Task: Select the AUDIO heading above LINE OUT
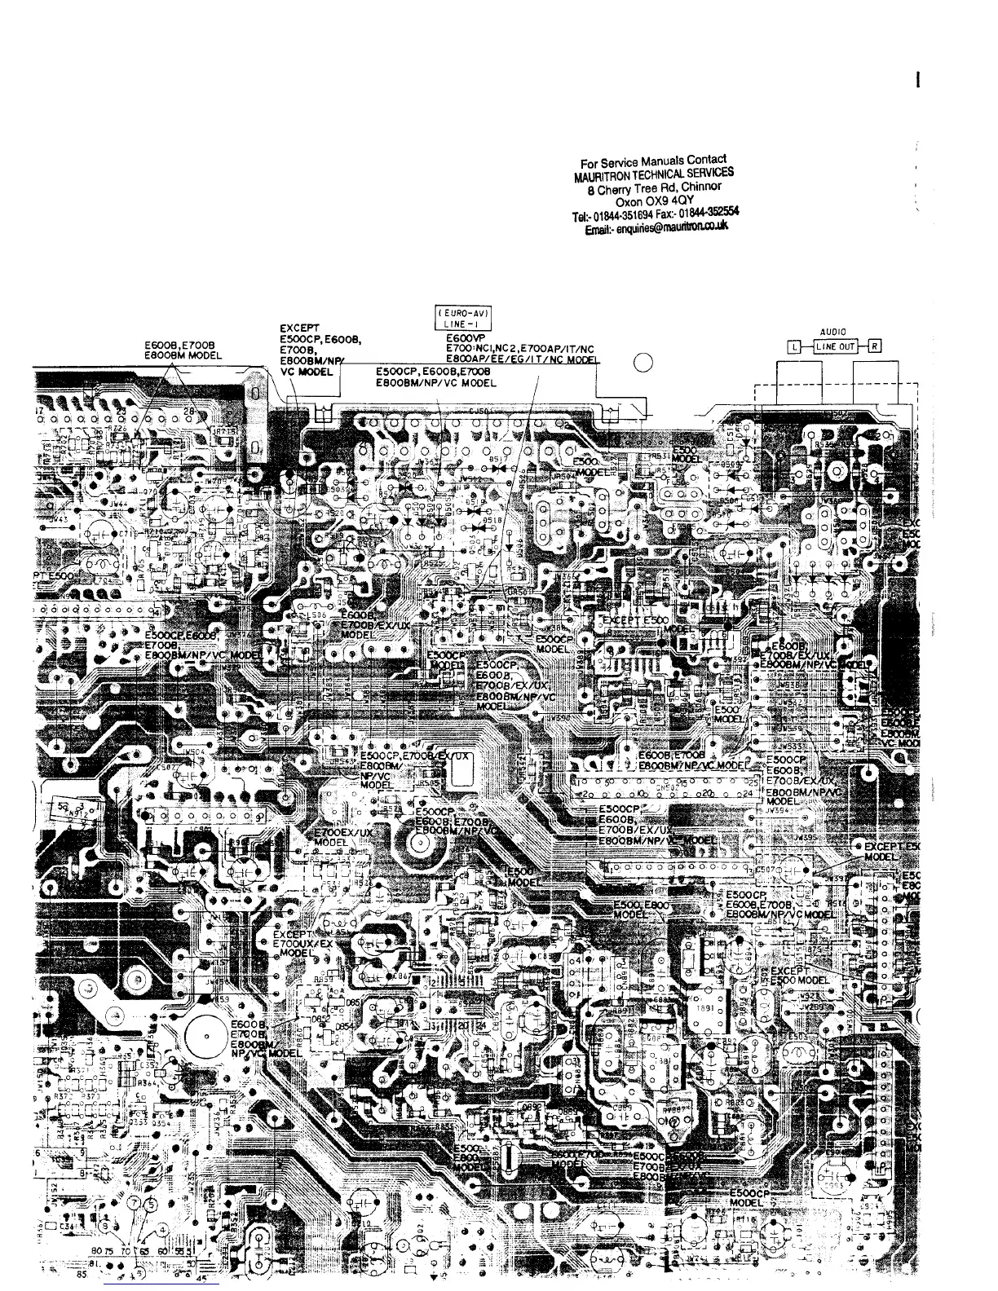(832, 332)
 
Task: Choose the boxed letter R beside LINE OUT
(874, 346)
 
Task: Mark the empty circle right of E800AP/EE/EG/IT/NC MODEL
(643, 364)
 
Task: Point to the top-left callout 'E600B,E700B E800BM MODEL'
(183, 350)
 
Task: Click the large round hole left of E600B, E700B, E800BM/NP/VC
(207, 1036)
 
